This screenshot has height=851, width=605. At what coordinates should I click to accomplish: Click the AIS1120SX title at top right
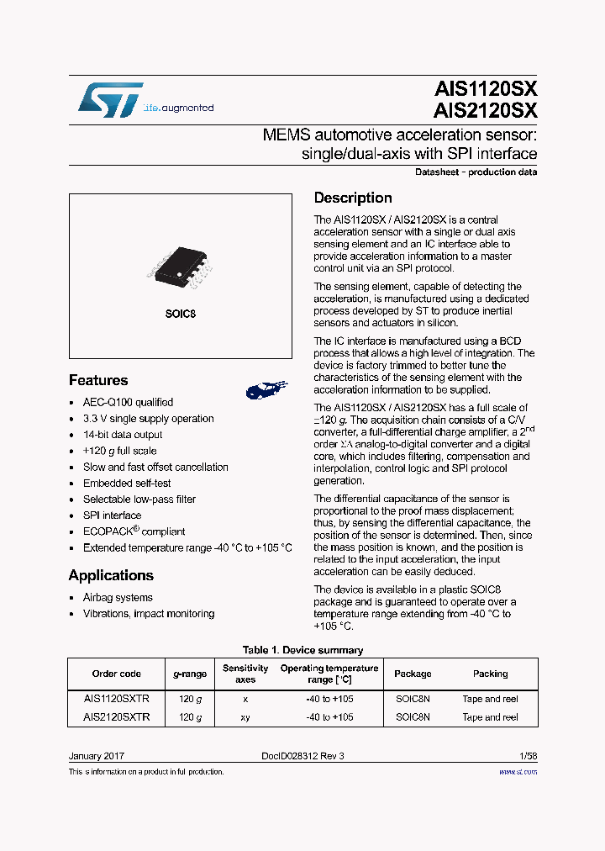point(487,89)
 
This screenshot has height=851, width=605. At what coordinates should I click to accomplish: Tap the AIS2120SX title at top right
point(487,110)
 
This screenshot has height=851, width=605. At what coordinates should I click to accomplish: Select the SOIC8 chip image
point(181,266)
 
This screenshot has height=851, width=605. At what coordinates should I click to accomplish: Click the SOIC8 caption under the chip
point(180,314)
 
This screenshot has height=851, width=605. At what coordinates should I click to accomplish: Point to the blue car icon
point(266,388)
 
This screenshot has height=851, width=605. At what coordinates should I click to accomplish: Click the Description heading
point(353,198)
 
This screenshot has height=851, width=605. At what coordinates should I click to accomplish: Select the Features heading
point(98,380)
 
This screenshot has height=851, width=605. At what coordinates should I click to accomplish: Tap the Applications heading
point(111,575)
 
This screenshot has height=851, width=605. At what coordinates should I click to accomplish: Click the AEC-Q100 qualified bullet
point(128,403)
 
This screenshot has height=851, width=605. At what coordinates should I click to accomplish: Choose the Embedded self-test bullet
point(127,484)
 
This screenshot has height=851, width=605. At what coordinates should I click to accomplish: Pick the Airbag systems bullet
point(118,598)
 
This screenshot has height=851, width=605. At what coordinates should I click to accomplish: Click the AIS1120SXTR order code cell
point(117,699)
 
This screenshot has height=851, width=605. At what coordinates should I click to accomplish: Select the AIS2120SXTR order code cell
point(117,717)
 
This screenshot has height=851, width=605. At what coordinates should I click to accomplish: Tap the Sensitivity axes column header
point(245,674)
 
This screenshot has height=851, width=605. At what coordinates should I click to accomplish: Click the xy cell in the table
point(245,717)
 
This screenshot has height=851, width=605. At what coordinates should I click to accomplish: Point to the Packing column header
point(491,674)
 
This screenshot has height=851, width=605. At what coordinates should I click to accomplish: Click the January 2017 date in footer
point(97,756)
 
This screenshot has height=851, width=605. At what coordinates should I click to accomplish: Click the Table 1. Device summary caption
point(302,650)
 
